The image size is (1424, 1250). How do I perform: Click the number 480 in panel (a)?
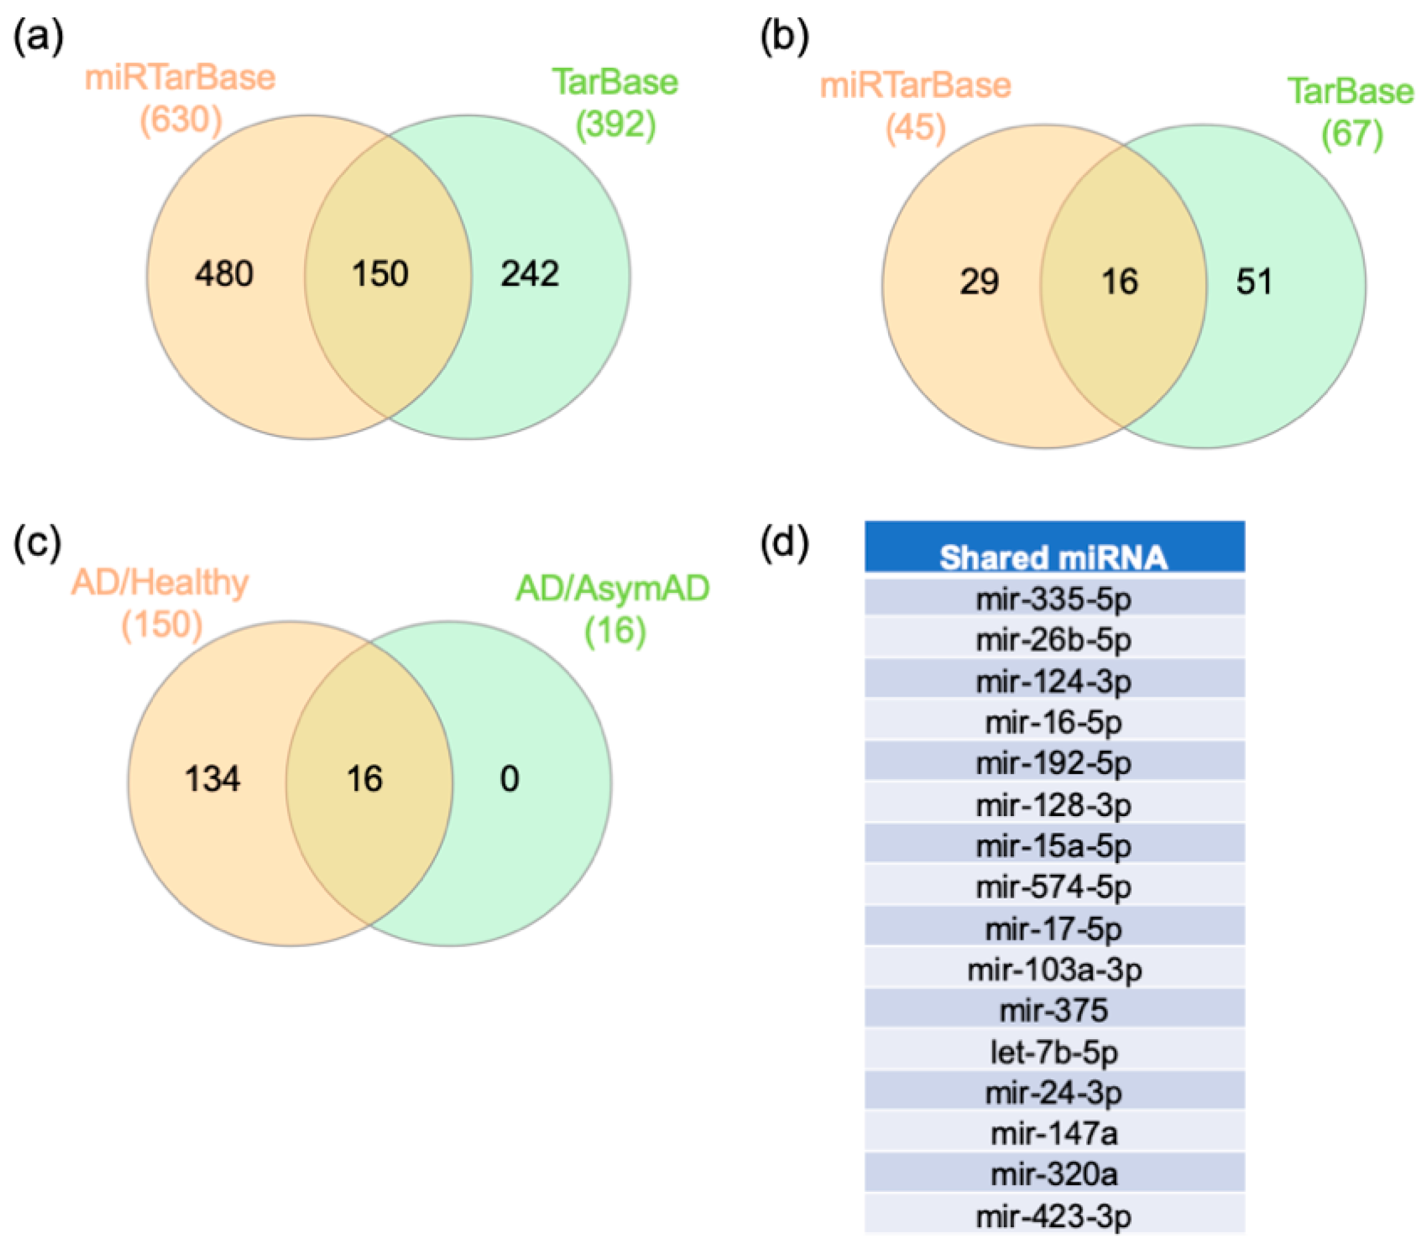[x=224, y=274]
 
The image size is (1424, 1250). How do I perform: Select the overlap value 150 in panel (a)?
[x=380, y=274]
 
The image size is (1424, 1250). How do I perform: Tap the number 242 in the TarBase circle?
[x=530, y=274]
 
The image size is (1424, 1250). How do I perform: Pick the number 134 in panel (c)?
[x=213, y=778]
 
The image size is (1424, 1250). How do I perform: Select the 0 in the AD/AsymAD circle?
[x=509, y=778]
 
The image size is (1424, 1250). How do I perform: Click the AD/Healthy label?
[x=160, y=582]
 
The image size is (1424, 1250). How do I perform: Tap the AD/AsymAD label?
[x=612, y=589]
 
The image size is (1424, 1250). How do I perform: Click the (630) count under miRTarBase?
[x=181, y=120]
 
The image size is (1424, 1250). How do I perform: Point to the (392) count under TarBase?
[x=616, y=124]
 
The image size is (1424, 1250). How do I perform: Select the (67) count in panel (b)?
[x=1352, y=133]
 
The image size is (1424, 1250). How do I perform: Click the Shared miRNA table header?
[x=1054, y=557]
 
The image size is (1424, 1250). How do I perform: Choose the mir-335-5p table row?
[x=1054, y=598]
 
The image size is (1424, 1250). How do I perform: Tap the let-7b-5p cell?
[x=1054, y=1052]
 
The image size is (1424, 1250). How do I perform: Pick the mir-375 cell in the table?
[x=1054, y=1010]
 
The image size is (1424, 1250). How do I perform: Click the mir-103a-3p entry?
[x=1054, y=970]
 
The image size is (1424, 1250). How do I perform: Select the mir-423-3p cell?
[x=1054, y=1217]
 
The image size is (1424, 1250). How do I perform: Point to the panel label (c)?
[x=38, y=542]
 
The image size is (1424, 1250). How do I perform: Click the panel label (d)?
[x=784, y=542]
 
